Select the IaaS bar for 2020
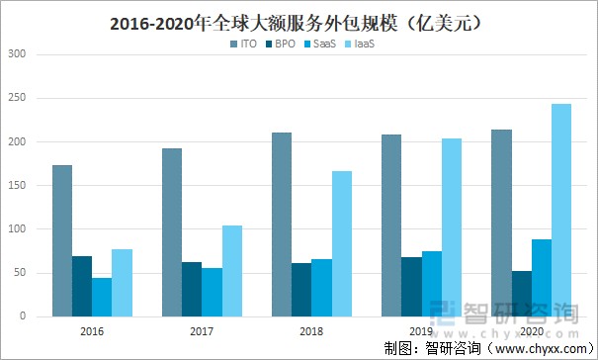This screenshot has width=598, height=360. click(x=560, y=210)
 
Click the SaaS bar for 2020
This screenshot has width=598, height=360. click(x=541, y=277)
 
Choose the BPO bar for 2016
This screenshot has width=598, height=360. click(x=82, y=286)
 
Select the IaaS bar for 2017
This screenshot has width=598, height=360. click(x=232, y=270)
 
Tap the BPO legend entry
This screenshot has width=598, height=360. click(x=285, y=45)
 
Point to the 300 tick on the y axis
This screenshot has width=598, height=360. click(x=19, y=55)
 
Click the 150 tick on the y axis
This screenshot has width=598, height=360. click(x=19, y=186)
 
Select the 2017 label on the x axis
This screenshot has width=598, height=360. click(x=202, y=332)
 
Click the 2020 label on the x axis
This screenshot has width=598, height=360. click(x=531, y=332)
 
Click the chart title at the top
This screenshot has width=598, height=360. click(x=299, y=22)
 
